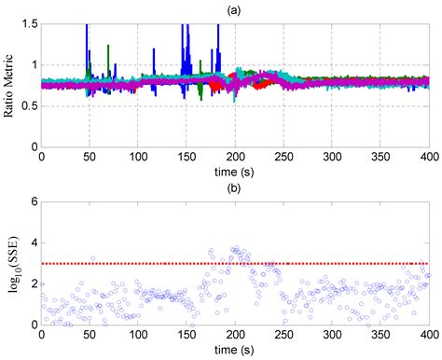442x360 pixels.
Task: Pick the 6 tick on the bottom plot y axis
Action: click(x=35, y=203)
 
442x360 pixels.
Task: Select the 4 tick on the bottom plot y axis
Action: click(x=35, y=243)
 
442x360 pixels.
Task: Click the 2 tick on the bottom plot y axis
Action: click(x=35, y=284)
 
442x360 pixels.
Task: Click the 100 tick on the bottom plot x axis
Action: click(x=138, y=335)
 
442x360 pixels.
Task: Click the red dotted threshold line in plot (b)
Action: click(x=280, y=264)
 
